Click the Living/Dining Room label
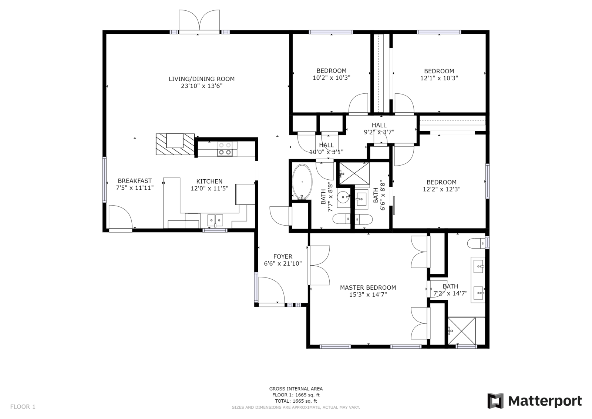tap(202, 79)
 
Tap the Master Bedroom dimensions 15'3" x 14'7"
tap(368, 295)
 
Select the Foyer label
tap(283, 256)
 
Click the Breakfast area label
tap(135, 181)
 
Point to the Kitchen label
tap(209, 181)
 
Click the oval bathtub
tap(302, 182)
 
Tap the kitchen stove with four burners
tap(225, 149)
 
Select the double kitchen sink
tap(215, 220)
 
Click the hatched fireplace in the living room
tap(175, 144)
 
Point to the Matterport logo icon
tap(495, 401)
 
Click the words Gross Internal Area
tap(296, 389)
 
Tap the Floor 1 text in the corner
tap(23, 407)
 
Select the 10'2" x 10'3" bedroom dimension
tap(332, 78)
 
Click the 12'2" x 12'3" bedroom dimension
tap(442, 189)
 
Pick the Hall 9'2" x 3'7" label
tap(379, 129)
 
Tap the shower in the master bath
tap(461, 331)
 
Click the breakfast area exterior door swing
tap(121, 216)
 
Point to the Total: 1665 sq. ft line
tap(296, 401)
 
